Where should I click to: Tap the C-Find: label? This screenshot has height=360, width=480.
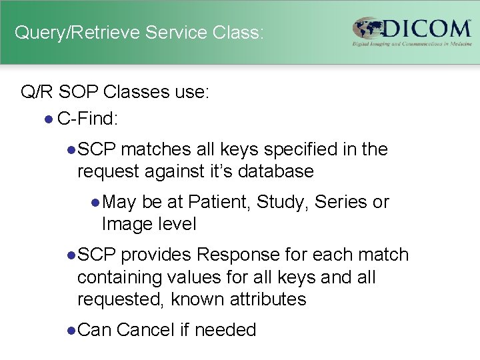88,119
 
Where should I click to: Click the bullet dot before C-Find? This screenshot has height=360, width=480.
47,119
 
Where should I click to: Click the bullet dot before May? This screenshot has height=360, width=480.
96,202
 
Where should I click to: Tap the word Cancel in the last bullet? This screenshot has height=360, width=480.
145,330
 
